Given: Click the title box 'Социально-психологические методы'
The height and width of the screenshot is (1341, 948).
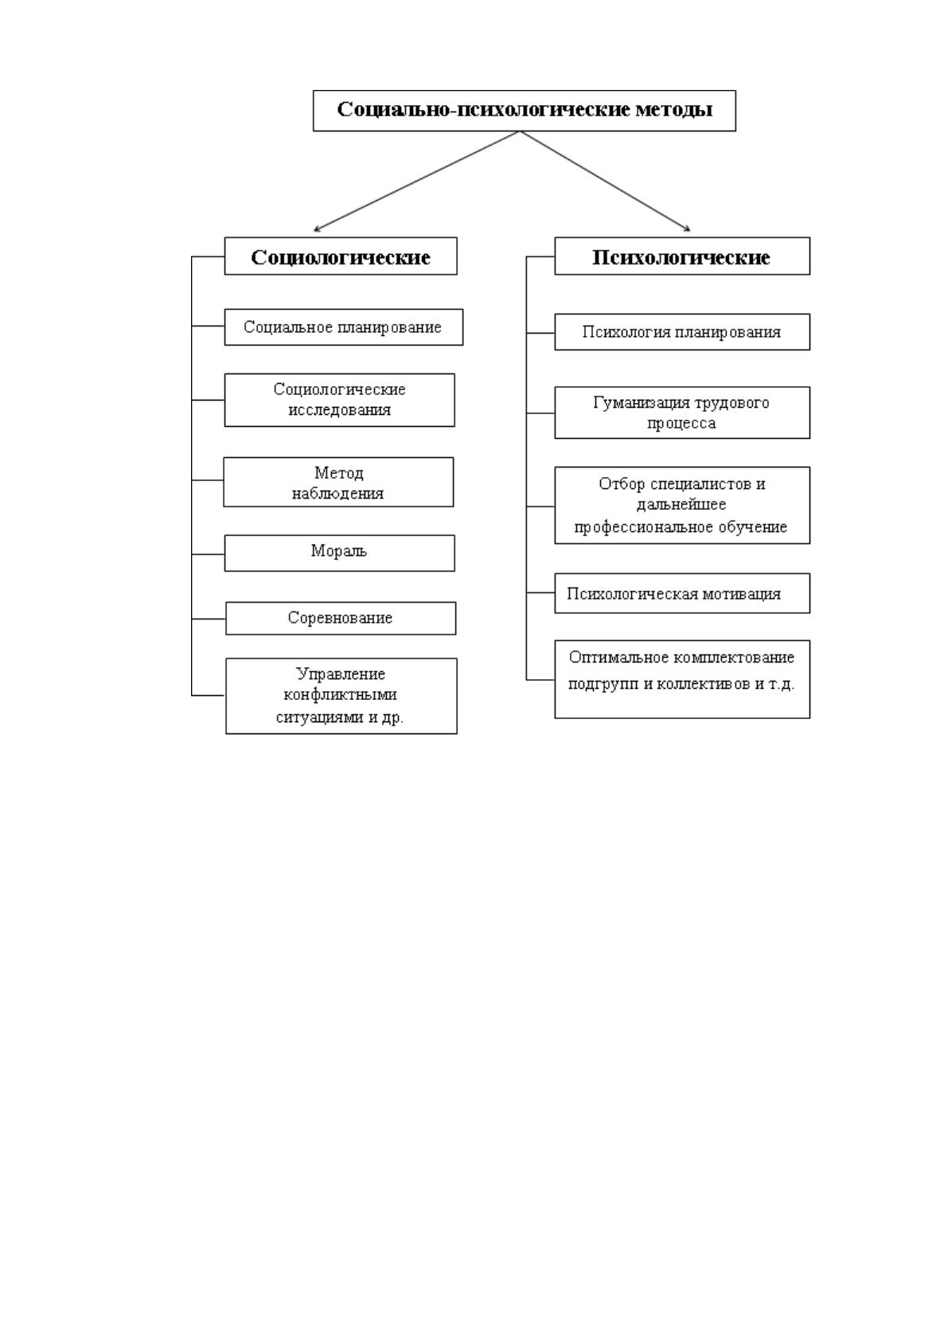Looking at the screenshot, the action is [525, 111].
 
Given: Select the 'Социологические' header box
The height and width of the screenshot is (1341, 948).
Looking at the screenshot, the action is [341, 256].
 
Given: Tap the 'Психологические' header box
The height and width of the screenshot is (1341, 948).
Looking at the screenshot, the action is [682, 256].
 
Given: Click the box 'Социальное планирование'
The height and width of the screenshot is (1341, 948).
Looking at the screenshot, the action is [344, 326].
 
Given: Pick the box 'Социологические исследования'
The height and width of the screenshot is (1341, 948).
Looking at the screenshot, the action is [339, 400].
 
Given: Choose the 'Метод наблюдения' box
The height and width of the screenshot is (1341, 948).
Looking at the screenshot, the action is [338, 482].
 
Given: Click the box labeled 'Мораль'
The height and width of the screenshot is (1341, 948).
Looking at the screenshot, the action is [339, 553].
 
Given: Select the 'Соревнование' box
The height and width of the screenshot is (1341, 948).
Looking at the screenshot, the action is [341, 619].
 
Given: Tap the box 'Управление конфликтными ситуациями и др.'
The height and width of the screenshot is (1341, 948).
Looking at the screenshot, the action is [341, 696].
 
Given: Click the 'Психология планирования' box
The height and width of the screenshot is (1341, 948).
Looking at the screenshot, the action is [682, 332].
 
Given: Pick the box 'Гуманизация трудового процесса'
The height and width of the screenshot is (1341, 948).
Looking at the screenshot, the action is [682, 412].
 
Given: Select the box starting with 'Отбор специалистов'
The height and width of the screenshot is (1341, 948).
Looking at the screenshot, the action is [682, 506].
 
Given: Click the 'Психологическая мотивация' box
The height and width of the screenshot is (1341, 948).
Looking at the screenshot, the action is [682, 593].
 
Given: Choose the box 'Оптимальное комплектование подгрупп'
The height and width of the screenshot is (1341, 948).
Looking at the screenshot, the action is [682, 679].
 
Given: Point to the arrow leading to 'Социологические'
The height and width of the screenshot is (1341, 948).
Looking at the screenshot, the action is [416, 181].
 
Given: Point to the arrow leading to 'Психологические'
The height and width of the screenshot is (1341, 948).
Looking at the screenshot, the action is [605, 181].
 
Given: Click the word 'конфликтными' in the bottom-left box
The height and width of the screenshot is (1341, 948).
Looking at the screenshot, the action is [340, 695].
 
